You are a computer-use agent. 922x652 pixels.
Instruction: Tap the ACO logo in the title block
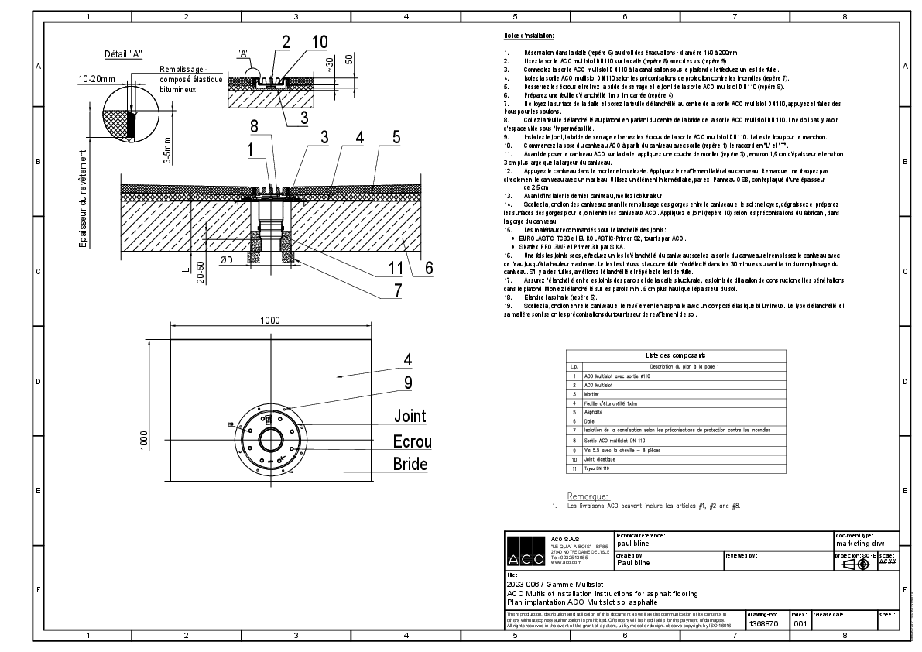526,551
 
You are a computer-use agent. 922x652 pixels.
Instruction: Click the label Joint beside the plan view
410,417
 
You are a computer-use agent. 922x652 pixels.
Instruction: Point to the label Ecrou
412,442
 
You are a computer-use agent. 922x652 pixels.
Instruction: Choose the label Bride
410,465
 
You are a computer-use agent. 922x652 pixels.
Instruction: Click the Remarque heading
588,496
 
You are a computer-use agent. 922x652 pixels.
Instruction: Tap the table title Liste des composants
676,355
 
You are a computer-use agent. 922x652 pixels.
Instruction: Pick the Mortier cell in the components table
591,393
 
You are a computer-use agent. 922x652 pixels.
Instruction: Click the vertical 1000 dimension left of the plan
144,440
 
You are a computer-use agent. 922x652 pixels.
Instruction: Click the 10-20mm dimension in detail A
95,78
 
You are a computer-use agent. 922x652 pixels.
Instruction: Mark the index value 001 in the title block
800,623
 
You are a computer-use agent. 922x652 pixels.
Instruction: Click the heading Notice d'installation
529,36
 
